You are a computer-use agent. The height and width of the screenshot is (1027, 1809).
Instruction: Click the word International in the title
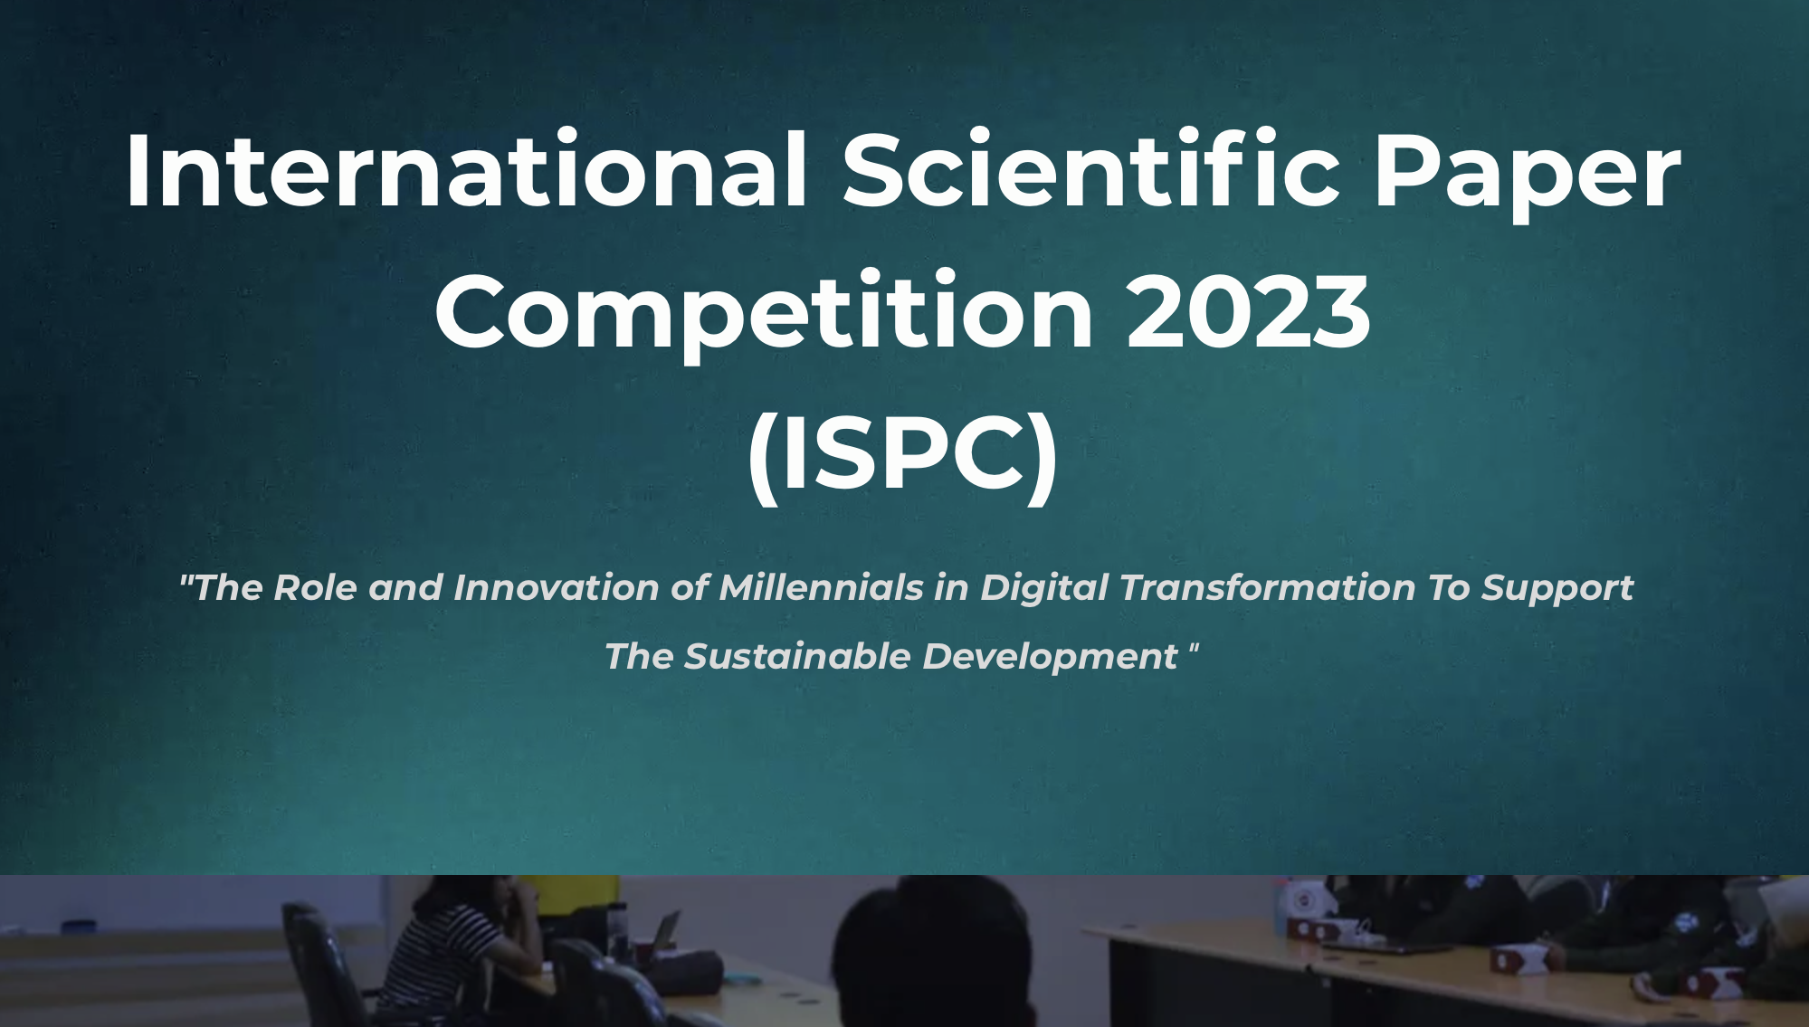(x=466, y=170)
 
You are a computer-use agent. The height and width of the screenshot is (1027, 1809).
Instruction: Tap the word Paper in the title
(x=1528, y=176)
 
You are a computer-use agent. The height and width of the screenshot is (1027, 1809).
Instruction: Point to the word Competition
(x=764, y=313)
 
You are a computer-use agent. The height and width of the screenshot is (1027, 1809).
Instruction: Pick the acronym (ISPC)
(x=903, y=455)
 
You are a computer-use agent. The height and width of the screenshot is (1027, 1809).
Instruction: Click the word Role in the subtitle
(x=315, y=587)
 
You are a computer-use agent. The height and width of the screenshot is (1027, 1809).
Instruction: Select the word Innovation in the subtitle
(x=556, y=587)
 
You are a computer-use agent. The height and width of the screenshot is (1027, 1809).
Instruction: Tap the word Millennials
(x=821, y=587)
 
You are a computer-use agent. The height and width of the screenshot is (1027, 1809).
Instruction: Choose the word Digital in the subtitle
(x=1044, y=589)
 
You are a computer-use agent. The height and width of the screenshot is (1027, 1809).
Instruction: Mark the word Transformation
(x=1268, y=587)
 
